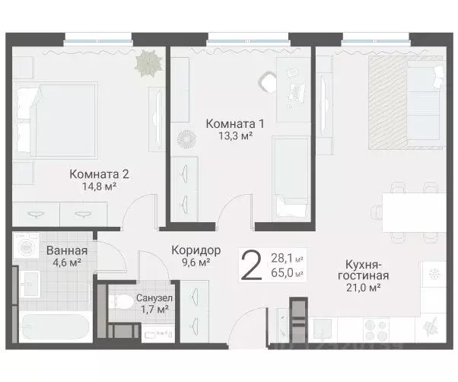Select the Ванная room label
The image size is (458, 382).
pos(66,251)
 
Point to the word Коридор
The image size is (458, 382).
pos(196,250)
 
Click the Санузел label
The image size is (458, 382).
pos(152,298)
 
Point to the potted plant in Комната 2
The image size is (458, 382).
pos(145,61)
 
